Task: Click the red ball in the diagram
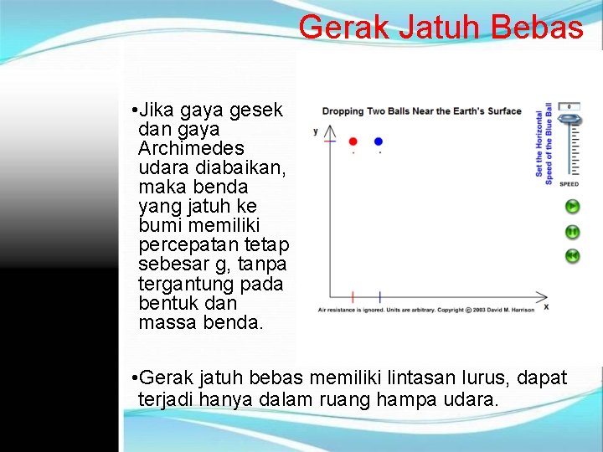pyautogui.click(x=353, y=141)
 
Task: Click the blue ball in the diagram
pyautogui.click(x=379, y=141)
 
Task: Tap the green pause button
pyautogui.click(x=572, y=232)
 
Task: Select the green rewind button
pyautogui.click(x=572, y=256)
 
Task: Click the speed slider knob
pyautogui.click(x=569, y=120)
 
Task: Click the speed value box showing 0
pyautogui.click(x=569, y=107)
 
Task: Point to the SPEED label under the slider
pyautogui.click(x=569, y=184)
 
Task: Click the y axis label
pyautogui.click(x=316, y=131)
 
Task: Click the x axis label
pyautogui.click(x=546, y=307)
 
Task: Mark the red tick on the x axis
pyautogui.click(x=353, y=296)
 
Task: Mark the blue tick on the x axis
pyautogui.click(x=379, y=296)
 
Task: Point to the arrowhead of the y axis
pyautogui.click(x=329, y=130)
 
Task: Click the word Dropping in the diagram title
pyautogui.click(x=344, y=111)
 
